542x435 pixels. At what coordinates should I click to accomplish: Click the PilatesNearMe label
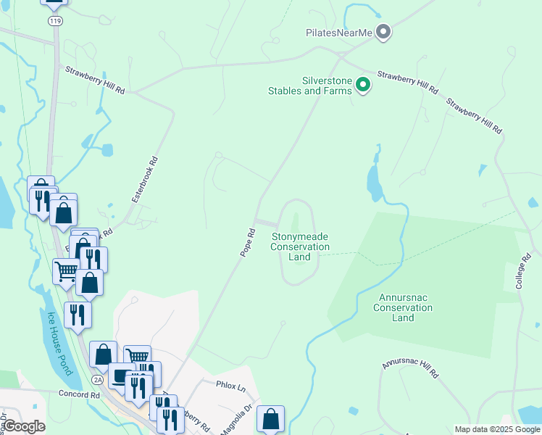click(x=339, y=33)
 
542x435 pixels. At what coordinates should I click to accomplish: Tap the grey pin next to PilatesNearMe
click(x=384, y=32)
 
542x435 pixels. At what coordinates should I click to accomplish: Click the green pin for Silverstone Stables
click(x=364, y=86)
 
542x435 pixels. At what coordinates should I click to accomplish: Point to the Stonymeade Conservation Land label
click(x=299, y=246)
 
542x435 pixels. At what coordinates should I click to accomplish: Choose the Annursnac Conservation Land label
click(x=403, y=307)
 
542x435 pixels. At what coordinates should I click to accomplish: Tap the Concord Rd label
click(x=79, y=395)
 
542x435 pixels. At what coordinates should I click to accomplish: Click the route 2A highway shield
click(x=98, y=379)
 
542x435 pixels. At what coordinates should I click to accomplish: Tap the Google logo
click(x=24, y=426)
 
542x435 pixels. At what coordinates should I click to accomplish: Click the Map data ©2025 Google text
click(x=497, y=429)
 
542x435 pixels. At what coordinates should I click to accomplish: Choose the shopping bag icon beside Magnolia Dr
click(x=270, y=418)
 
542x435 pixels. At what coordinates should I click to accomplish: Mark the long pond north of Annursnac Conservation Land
click(x=374, y=181)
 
